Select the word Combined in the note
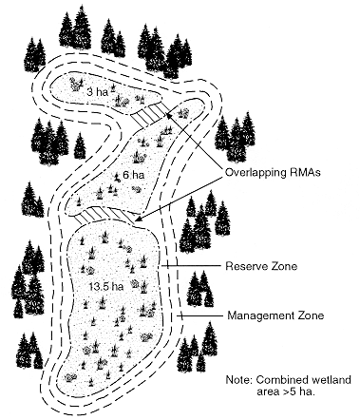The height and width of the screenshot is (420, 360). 285,378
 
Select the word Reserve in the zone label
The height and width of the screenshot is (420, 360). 243,267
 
